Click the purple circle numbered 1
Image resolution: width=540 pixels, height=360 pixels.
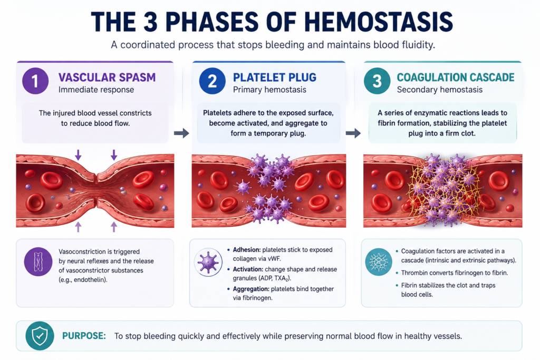click(35, 81)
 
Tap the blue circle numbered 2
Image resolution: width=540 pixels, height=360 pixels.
click(212, 81)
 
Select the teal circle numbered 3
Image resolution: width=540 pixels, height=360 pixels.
click(377, 81)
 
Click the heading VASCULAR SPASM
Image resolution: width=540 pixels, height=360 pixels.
click(107, 77)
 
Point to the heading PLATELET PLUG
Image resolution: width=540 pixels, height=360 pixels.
click(274, 77)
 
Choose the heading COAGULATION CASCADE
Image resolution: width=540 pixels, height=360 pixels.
click(456, 77)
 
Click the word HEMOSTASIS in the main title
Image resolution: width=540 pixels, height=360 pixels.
click(379, 21)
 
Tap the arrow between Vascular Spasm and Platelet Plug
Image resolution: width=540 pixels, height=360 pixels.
click(181, 133)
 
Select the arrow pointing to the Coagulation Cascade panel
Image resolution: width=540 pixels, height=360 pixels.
click(353, 133)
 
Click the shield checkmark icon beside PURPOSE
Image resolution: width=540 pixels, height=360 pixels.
click(40, 336)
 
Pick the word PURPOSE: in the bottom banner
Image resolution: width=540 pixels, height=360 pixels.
click(84, 336)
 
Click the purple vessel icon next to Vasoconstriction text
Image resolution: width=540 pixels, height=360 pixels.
click(38, 261)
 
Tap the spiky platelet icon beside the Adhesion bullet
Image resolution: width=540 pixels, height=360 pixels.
click(208, 262)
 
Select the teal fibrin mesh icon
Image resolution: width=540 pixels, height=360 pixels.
click(379, 262)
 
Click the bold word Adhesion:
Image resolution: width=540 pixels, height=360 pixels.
click(247, 249)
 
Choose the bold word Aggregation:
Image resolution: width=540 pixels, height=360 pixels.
click(251, 289)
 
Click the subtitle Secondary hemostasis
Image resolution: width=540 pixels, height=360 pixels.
click(439, 90)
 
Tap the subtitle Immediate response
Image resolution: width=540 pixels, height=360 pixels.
click(96, 90)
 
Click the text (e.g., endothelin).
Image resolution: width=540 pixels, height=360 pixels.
click(83, 279)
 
